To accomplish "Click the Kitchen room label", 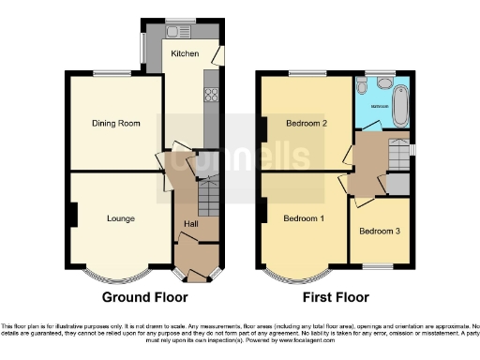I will click(x=184, y=54).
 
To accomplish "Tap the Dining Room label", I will click(x=114, y=123).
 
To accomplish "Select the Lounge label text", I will click(x=119, y=218).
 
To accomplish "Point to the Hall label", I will click(x=190, y=224).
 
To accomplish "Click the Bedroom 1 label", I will click(x=303, y=218).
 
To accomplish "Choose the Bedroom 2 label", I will click(x=307, y=123).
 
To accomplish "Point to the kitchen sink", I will click(x=173, y=30).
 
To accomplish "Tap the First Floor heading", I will click(x=336, y=297).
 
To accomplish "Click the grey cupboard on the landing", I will click(x=398, y=185).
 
